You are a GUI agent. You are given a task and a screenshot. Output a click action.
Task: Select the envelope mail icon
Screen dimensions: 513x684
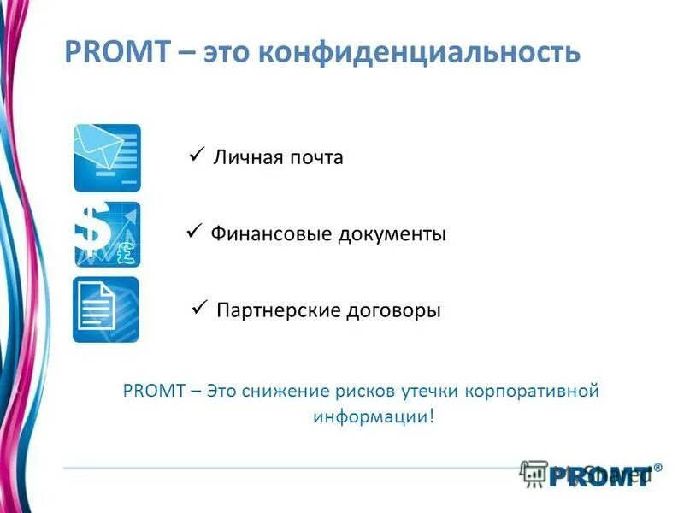(107, 157)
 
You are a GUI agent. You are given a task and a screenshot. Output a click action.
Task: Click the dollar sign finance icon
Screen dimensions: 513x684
(107, 234)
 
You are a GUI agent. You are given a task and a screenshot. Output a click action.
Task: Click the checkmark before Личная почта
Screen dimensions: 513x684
(195, 154)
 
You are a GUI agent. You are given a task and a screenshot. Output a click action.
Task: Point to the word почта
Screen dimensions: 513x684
(316, 158)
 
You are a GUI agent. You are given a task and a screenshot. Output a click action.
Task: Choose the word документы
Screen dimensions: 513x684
(392, 234)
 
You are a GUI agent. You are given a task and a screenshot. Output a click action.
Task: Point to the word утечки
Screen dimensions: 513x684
(430, 392)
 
